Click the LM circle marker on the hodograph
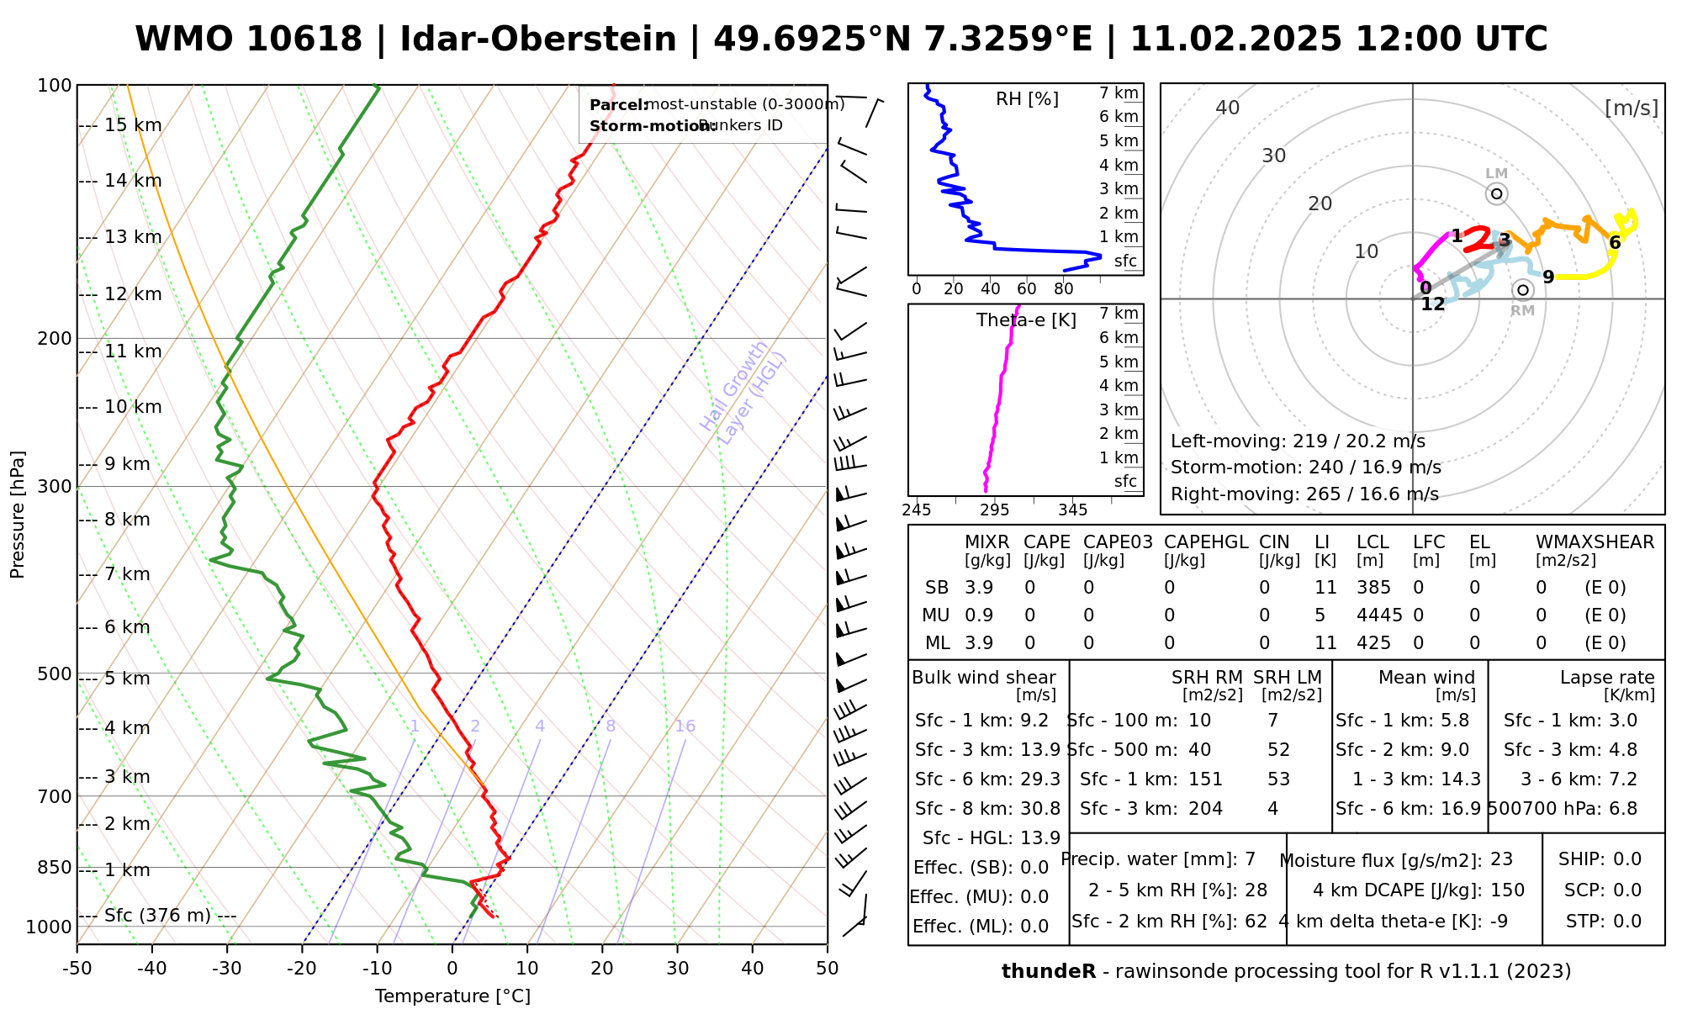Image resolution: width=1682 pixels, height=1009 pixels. pyautogui.click(x=1496, y=194)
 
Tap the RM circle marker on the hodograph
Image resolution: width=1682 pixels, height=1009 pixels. pyautogui.click(x=1522, y=290)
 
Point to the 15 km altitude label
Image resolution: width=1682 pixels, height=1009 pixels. pyautogui.click(x=133, y=125)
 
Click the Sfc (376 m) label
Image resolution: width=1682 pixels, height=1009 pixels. pyautogui.click(x=157, y=916)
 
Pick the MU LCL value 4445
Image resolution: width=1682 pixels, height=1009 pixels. pyautogui.click(x=1379, y=615)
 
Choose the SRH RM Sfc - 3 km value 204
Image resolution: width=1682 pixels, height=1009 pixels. pyautogui.click(x=1205, y=809)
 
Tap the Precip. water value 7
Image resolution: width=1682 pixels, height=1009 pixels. pyautogui.click(x=1250, y=859)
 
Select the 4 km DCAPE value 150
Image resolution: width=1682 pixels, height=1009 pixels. pyautogui.click(x=1507, y=890)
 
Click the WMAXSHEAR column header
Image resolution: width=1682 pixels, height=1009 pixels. pyautogui.click(x=1595, y=542)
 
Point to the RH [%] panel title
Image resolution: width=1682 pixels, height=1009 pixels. pyautogui.click(x=1027, y=99)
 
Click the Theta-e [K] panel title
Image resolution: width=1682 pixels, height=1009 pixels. pyautogui.click(x=1026, y=320)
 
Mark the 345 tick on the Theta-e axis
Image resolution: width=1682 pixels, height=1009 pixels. pyautogui.click(x=1072, y=510)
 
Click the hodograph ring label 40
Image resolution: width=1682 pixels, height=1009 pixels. pyautogui.click(x=1228, y=108)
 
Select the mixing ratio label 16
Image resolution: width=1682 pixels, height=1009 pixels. pyautogui.click(x=685, y=726)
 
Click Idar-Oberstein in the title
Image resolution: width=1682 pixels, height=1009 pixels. pyautogui.click(x=538, y=40)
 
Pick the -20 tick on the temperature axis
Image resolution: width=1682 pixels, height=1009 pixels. pyautogui.click(x=302, y=969)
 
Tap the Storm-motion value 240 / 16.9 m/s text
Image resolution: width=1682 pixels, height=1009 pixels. pyautogui.click(x=1305, y=468)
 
